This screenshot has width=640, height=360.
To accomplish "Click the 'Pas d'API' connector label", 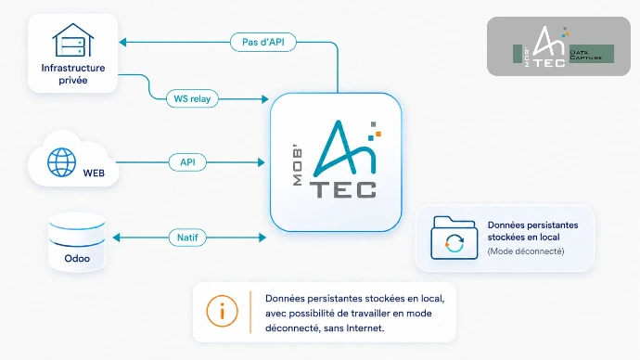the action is [x=263, y=42].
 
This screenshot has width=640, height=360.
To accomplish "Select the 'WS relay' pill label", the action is [x=192, y=98].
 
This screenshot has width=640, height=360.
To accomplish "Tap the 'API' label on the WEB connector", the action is [x=187, y=162].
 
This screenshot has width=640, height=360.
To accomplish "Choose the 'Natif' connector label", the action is [x=187, y=238].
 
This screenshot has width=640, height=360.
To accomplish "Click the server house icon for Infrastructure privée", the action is [x=73, y=40].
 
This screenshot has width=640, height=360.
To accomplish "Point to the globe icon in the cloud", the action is [x=61, y=162].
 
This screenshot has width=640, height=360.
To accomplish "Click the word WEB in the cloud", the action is [x=94, y=174].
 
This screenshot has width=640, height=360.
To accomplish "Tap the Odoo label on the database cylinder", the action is [x=77, y=258].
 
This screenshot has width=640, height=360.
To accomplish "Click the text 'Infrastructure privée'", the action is [x=73, y=74].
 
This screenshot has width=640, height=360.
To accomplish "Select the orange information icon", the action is [x=222, y=312].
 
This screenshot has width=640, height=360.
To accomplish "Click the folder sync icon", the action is [x=454, y=238].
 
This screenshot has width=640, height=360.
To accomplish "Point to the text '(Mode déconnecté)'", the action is [x=526, y=251].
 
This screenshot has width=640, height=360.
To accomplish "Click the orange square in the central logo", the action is [x=378, y=134].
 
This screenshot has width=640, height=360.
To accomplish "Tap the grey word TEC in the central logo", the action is [x=343, y=190].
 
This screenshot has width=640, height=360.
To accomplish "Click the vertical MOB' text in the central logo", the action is [x=298, y=166].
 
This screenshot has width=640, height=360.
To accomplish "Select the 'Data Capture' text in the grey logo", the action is [x=586, y=55].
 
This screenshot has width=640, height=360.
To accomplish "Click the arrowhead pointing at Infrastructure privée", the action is [x=122, y=42].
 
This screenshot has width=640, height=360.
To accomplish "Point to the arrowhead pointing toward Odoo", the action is [x=116, y=238].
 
